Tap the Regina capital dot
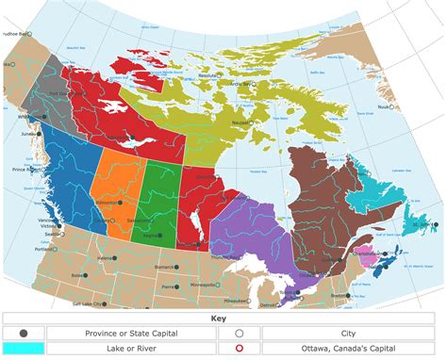(x=157, y=236)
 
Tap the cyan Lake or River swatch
(x=23, y=348)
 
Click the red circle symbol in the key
(x=240, y=348)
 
